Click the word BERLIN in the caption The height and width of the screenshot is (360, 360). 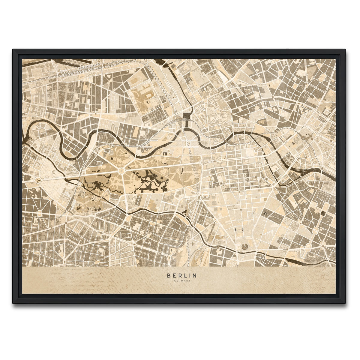[x=182, y=275]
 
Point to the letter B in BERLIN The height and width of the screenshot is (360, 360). [x=169, y=275]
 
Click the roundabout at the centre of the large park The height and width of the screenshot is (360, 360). [x=121, y=171]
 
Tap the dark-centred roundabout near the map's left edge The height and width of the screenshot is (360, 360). [x=38, y=180]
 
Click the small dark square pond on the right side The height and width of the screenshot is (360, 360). [x=323, y=213]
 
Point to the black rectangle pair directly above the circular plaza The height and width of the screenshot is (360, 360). [x=239, y=229]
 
